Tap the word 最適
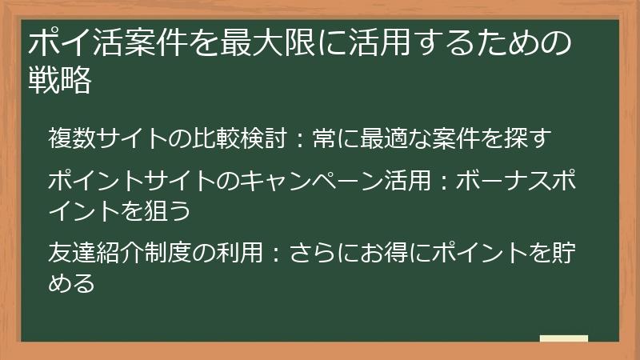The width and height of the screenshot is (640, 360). tap(391, 138)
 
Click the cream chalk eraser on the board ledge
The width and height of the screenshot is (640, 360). tap(564, 340)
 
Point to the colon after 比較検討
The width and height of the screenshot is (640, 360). tap(294, 138)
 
